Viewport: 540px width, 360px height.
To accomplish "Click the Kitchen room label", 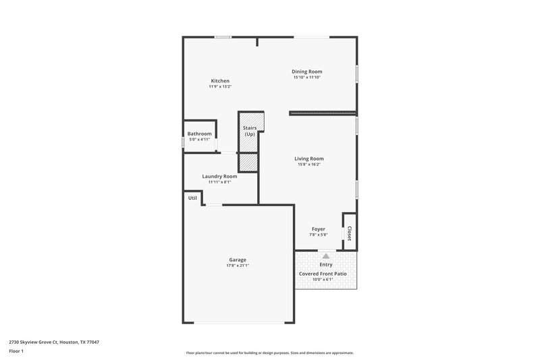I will click(220, 81).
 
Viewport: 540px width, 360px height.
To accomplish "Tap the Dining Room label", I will click(306, 72).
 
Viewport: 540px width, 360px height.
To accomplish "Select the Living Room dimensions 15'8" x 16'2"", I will click(309, 165).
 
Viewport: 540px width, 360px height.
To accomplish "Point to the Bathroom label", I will click(199, 134).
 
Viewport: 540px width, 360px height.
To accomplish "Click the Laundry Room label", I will click(219, 176).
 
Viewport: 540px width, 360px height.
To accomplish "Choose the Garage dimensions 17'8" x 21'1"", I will click(237, 265).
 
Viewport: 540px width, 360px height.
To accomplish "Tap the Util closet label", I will click(192, 198).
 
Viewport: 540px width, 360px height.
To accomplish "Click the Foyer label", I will click(318, 229).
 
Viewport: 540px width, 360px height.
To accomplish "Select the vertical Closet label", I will click(349, 234).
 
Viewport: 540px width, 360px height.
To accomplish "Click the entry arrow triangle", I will click(326, 256).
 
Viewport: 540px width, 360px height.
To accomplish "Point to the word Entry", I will click(326, 265).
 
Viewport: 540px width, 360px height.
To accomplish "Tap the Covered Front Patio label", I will click(326, 274).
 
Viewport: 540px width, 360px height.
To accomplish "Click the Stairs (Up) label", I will click(249, 130).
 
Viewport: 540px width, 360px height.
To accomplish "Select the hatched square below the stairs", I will click(248, 163).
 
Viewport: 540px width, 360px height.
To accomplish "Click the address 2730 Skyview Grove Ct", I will click(53, 342).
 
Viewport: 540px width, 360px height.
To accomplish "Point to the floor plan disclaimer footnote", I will click(269, 353).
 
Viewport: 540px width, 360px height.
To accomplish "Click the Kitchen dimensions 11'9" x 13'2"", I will click(220, 86).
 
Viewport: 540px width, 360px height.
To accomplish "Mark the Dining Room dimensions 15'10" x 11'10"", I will click(306, 78).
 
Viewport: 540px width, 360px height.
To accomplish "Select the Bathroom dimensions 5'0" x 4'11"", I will click(199, 139).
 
